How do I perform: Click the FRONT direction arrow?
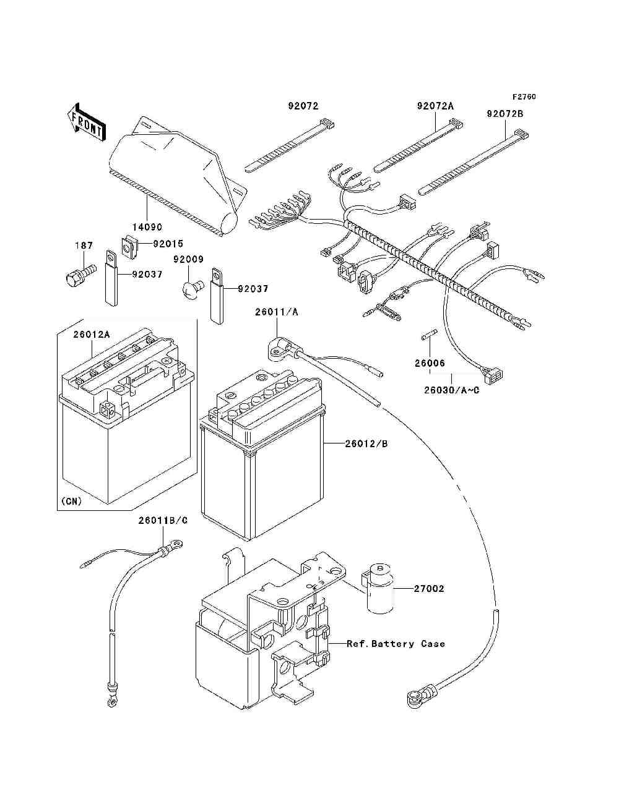[87, 122]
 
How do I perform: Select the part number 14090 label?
[147, 227]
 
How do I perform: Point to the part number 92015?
[168, 244]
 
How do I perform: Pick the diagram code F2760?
[524, 96]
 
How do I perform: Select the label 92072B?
[504, 114]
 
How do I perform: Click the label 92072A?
[435, 106]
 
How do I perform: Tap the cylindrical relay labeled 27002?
[379, 589]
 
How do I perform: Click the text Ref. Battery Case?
[396, 644]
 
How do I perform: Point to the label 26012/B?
[366, 443]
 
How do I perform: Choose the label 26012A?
[92, 334]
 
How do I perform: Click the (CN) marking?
[72, 501]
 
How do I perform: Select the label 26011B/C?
[163, 520]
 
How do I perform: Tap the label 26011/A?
[277, 312]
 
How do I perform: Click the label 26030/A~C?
[451, 390]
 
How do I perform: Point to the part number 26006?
[430, 363]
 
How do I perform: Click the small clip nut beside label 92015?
[129, 247]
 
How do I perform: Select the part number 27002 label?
[428, 589]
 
